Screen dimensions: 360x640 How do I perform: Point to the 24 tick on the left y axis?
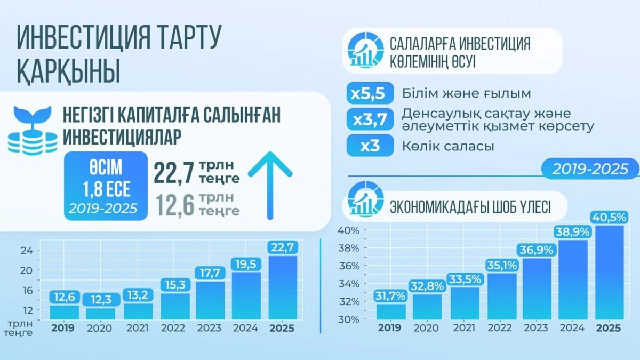coord(27,250)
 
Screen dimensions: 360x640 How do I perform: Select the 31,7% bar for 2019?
coord(390,311)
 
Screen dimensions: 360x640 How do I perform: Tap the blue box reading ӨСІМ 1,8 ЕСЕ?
coord(105,185)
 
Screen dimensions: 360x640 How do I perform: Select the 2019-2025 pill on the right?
coord(589,169)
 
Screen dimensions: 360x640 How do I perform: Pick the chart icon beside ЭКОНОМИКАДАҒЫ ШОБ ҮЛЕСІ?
coord(365,200)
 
